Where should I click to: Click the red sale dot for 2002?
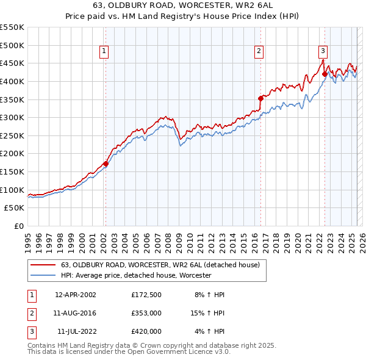(x=106, y=164)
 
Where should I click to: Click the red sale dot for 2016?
(x=260, y=98)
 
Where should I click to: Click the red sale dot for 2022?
(x=325, y=74)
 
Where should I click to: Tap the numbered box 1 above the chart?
(x=105, y=52)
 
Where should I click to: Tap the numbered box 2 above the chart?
(x=259, y=52)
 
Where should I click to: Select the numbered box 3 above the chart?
(x=323, y=52)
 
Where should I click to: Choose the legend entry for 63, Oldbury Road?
(x=160, y=265)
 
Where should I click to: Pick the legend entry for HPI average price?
(x=135, y=276)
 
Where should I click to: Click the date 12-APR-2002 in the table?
(x=76, y=295)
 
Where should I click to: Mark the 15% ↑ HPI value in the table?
(x=208, y=313)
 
